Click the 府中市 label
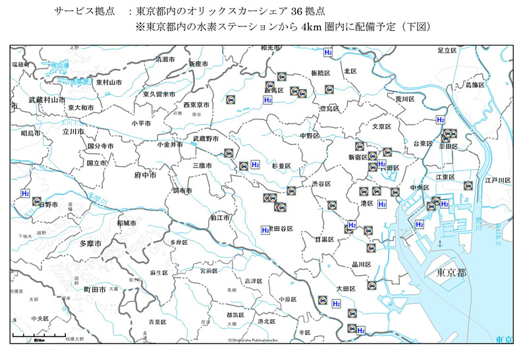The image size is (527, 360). (x=145, y=176)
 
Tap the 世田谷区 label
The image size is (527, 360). (x=281, y=228)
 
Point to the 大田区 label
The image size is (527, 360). (x=346, y=287)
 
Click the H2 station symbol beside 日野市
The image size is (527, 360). (x=25, y=193)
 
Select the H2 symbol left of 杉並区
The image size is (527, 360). (x=256, y=164)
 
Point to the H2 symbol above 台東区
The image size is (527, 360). (x=440, y=120)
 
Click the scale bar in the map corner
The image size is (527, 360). (x=30, y=338)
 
